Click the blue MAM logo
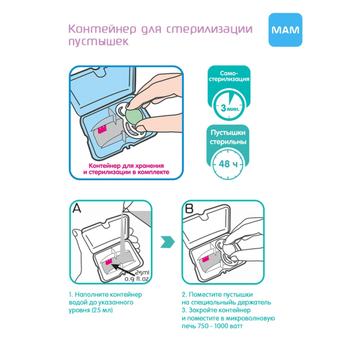[285, 30]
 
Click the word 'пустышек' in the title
[99, 41]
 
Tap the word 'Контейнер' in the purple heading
[102, 29]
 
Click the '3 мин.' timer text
[230, 108]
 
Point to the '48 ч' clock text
[228, 164]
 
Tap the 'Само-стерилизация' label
[229, 76]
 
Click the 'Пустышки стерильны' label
[228, 137]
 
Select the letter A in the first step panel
[77, 208]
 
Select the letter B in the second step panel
[189, 208]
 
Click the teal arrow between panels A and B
[168, 242]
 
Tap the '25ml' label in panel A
[143, 273]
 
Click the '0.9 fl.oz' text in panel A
[137, 279]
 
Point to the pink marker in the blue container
[102, 129]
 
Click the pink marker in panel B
[206, 259]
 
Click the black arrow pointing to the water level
[124, 270]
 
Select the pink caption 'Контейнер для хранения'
[126, 166]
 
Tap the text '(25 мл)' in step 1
[102, 310]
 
